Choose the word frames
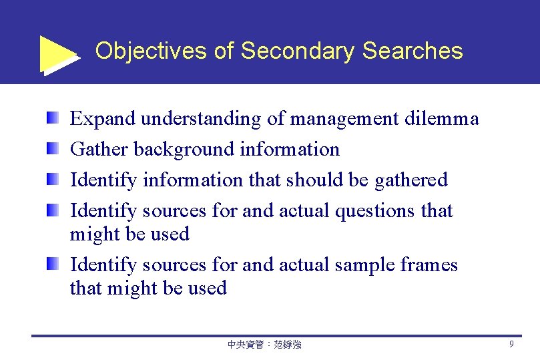coord(429,265)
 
